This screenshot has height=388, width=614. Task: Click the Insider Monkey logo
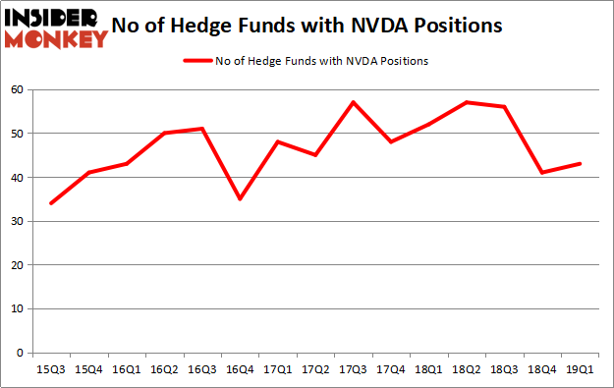coord(56,27)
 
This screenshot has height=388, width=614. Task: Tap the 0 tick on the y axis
coord(18,353)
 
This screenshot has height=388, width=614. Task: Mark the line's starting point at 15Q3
coord(51,203)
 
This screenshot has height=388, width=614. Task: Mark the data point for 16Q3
coord(202,129)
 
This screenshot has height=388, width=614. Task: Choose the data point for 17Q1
coord(279,141)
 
